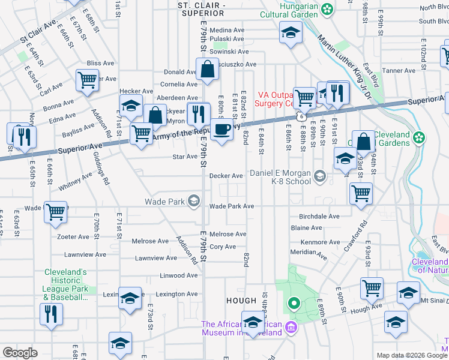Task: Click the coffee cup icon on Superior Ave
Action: (x=221, y=129)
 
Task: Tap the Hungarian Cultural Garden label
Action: (x=288, y=13)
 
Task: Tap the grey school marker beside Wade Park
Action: (x=194, y=201)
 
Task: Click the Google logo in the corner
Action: (x=20, y=353)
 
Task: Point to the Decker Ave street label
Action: (x=226, y=176)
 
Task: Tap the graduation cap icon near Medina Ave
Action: (x=291, y=33)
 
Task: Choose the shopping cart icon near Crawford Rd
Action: (x=361, y=193)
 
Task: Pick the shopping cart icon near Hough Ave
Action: (x=372, y=289)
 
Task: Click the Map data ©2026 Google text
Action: (x=411, y=355)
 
